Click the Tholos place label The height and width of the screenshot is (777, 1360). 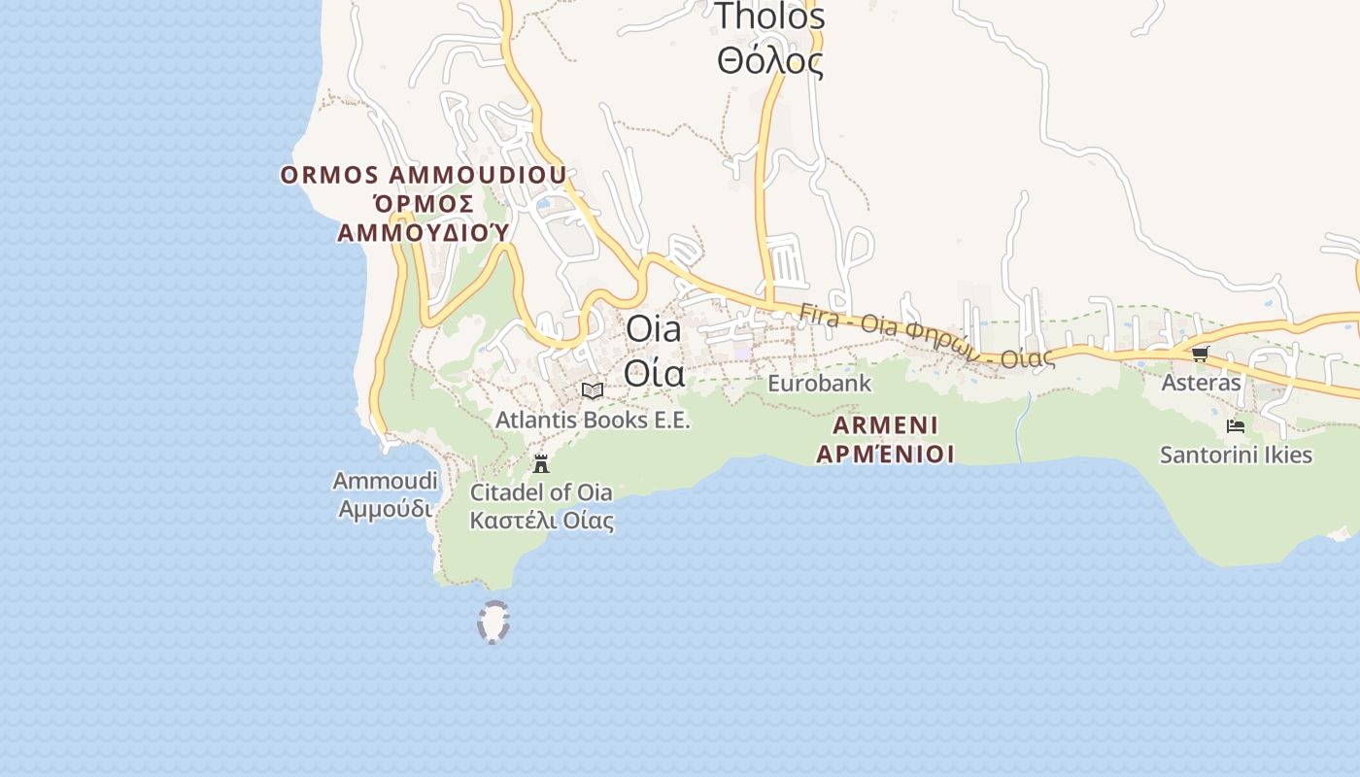tap(769, 17)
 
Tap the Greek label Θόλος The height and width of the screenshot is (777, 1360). tap(769, 61)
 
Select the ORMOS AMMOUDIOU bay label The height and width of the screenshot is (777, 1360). tap(423, 175)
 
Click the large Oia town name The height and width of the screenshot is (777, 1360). tap(654, 329)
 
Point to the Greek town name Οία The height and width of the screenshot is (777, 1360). tap(654, 373)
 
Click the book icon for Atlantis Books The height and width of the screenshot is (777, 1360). tap(592, 390)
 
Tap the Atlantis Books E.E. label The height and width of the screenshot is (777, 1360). tap(592, 421)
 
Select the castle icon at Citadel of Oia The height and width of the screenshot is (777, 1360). tap(541, 463)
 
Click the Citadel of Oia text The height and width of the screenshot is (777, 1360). tap(534, 492)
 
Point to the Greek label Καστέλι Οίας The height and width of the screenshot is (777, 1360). tap(541, 521)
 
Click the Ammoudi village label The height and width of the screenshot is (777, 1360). tap(385, 481)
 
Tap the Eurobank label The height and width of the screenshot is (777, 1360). tap(819, 384)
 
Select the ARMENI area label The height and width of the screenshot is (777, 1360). tap(885, 425)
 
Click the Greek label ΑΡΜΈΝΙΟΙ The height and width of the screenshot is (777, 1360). tap(885, 454)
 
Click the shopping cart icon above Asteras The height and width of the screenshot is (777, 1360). tap(1201, 355)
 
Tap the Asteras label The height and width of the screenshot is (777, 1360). tap(1201, 383)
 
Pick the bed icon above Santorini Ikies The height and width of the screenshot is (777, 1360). tap(1236, 425)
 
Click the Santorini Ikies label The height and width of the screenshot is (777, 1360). tap(1236, 455)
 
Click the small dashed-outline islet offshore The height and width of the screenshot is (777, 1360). tap(493, 622)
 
